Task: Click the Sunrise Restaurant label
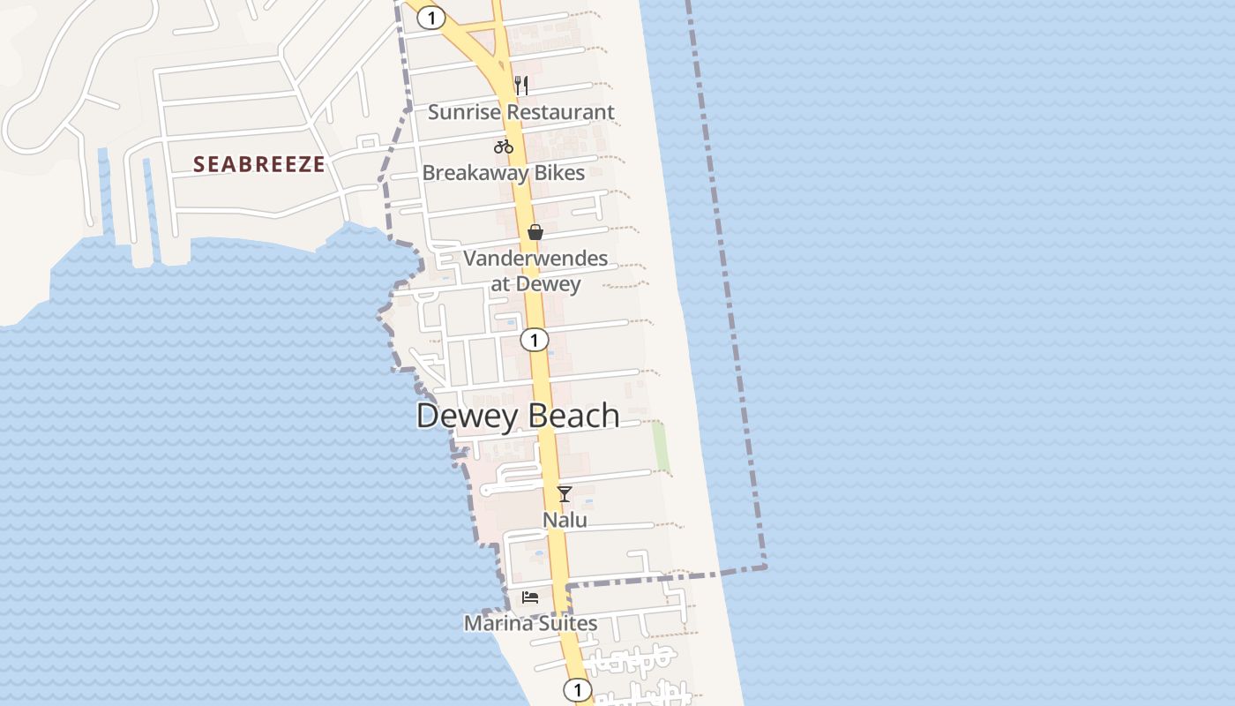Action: tap(520, 112)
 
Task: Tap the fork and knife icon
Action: tap(521, 85)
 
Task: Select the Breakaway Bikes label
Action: tap(503, 172)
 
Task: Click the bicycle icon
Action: tap(504, 146)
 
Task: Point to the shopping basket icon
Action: tap(535, 232)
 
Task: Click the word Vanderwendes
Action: tap(535, 259)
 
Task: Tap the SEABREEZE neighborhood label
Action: tap(259, 164)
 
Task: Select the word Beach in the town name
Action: tap(573, 416)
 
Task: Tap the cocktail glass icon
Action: tap(565, 493)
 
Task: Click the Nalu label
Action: tap(565, 520)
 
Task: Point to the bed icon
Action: tap(530, 597)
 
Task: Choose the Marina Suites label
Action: tap(530, 623)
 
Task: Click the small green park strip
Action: tap(661, 447)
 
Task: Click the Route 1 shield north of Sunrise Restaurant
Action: tap(430, 17)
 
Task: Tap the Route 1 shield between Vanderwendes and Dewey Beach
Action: tap(534, 340)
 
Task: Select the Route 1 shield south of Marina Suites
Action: tap(577, 689)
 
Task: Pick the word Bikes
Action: tap(557, 172)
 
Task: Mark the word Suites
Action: tap(568, 623)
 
